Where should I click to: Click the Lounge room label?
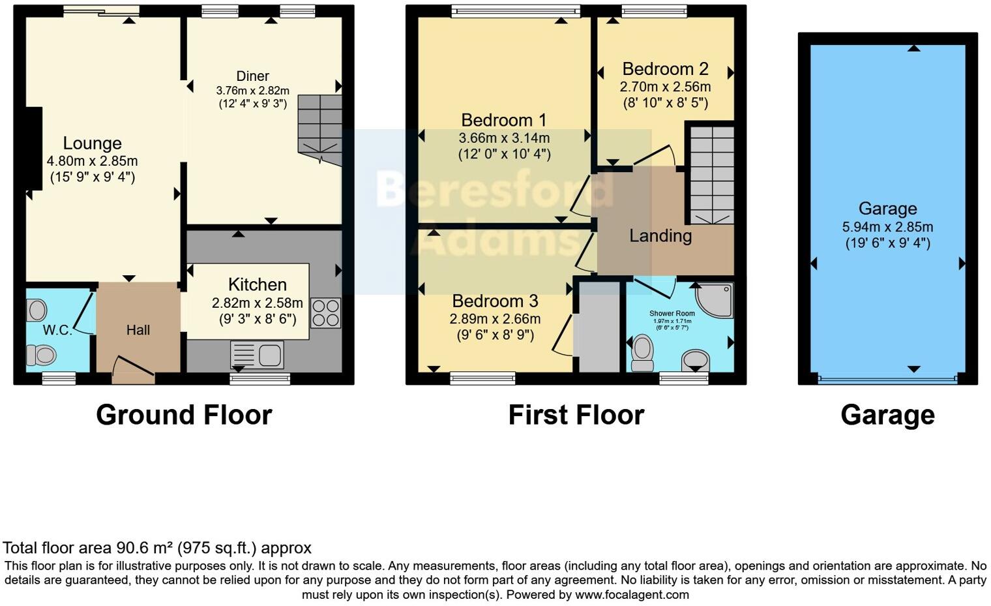pos(92,144)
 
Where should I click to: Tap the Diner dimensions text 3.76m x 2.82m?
pos(252,91)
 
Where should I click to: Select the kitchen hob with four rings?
pos(325,312)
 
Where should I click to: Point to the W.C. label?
pos(57,330)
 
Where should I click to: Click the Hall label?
pos(138,330)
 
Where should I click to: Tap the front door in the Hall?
pos(134,369)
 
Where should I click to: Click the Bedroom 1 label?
pos(503,120)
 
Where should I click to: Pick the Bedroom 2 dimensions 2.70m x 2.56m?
pos(665,87)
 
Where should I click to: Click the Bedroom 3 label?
pos(495,301)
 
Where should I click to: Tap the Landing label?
pos(660,235)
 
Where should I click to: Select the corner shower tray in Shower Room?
pos(716,301)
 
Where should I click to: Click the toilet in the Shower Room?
pos(643,352)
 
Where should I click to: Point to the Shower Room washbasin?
pos(696,359)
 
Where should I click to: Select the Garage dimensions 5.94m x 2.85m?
pos(887,227)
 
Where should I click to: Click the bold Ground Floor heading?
pos(184,415)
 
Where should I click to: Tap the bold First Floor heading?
pos(576,415)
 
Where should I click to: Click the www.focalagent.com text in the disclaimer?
pos(631,594)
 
